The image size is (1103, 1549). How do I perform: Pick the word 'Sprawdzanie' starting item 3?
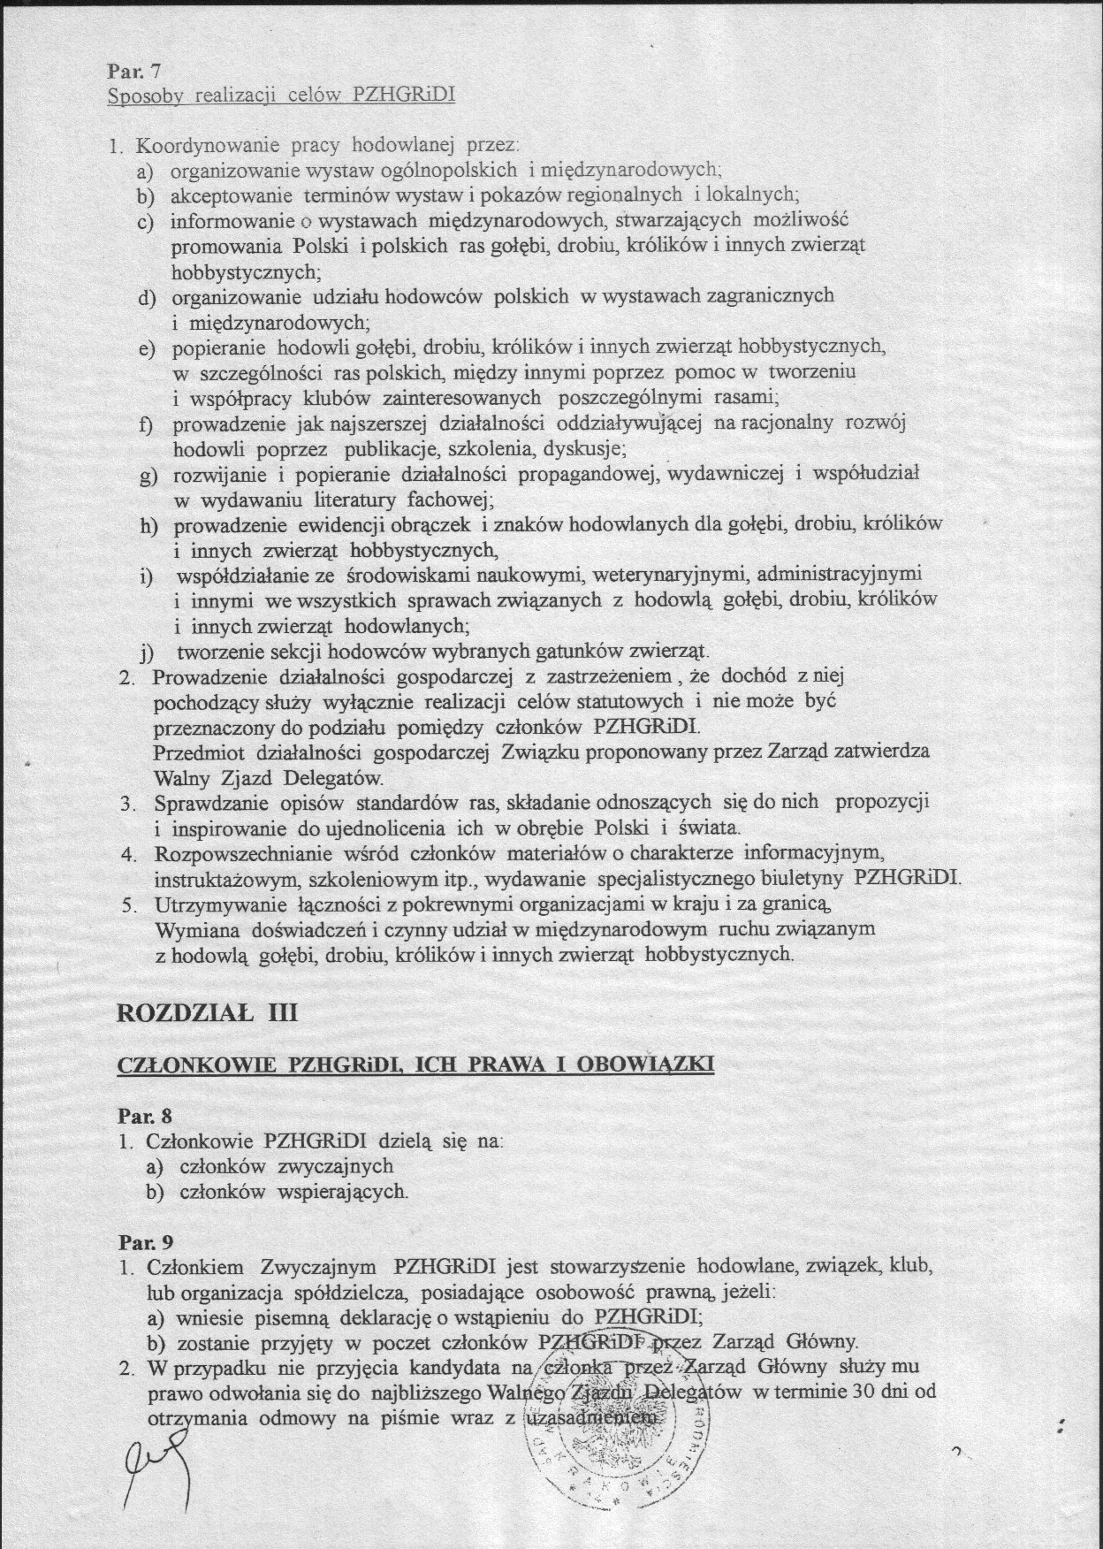point(205,804)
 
